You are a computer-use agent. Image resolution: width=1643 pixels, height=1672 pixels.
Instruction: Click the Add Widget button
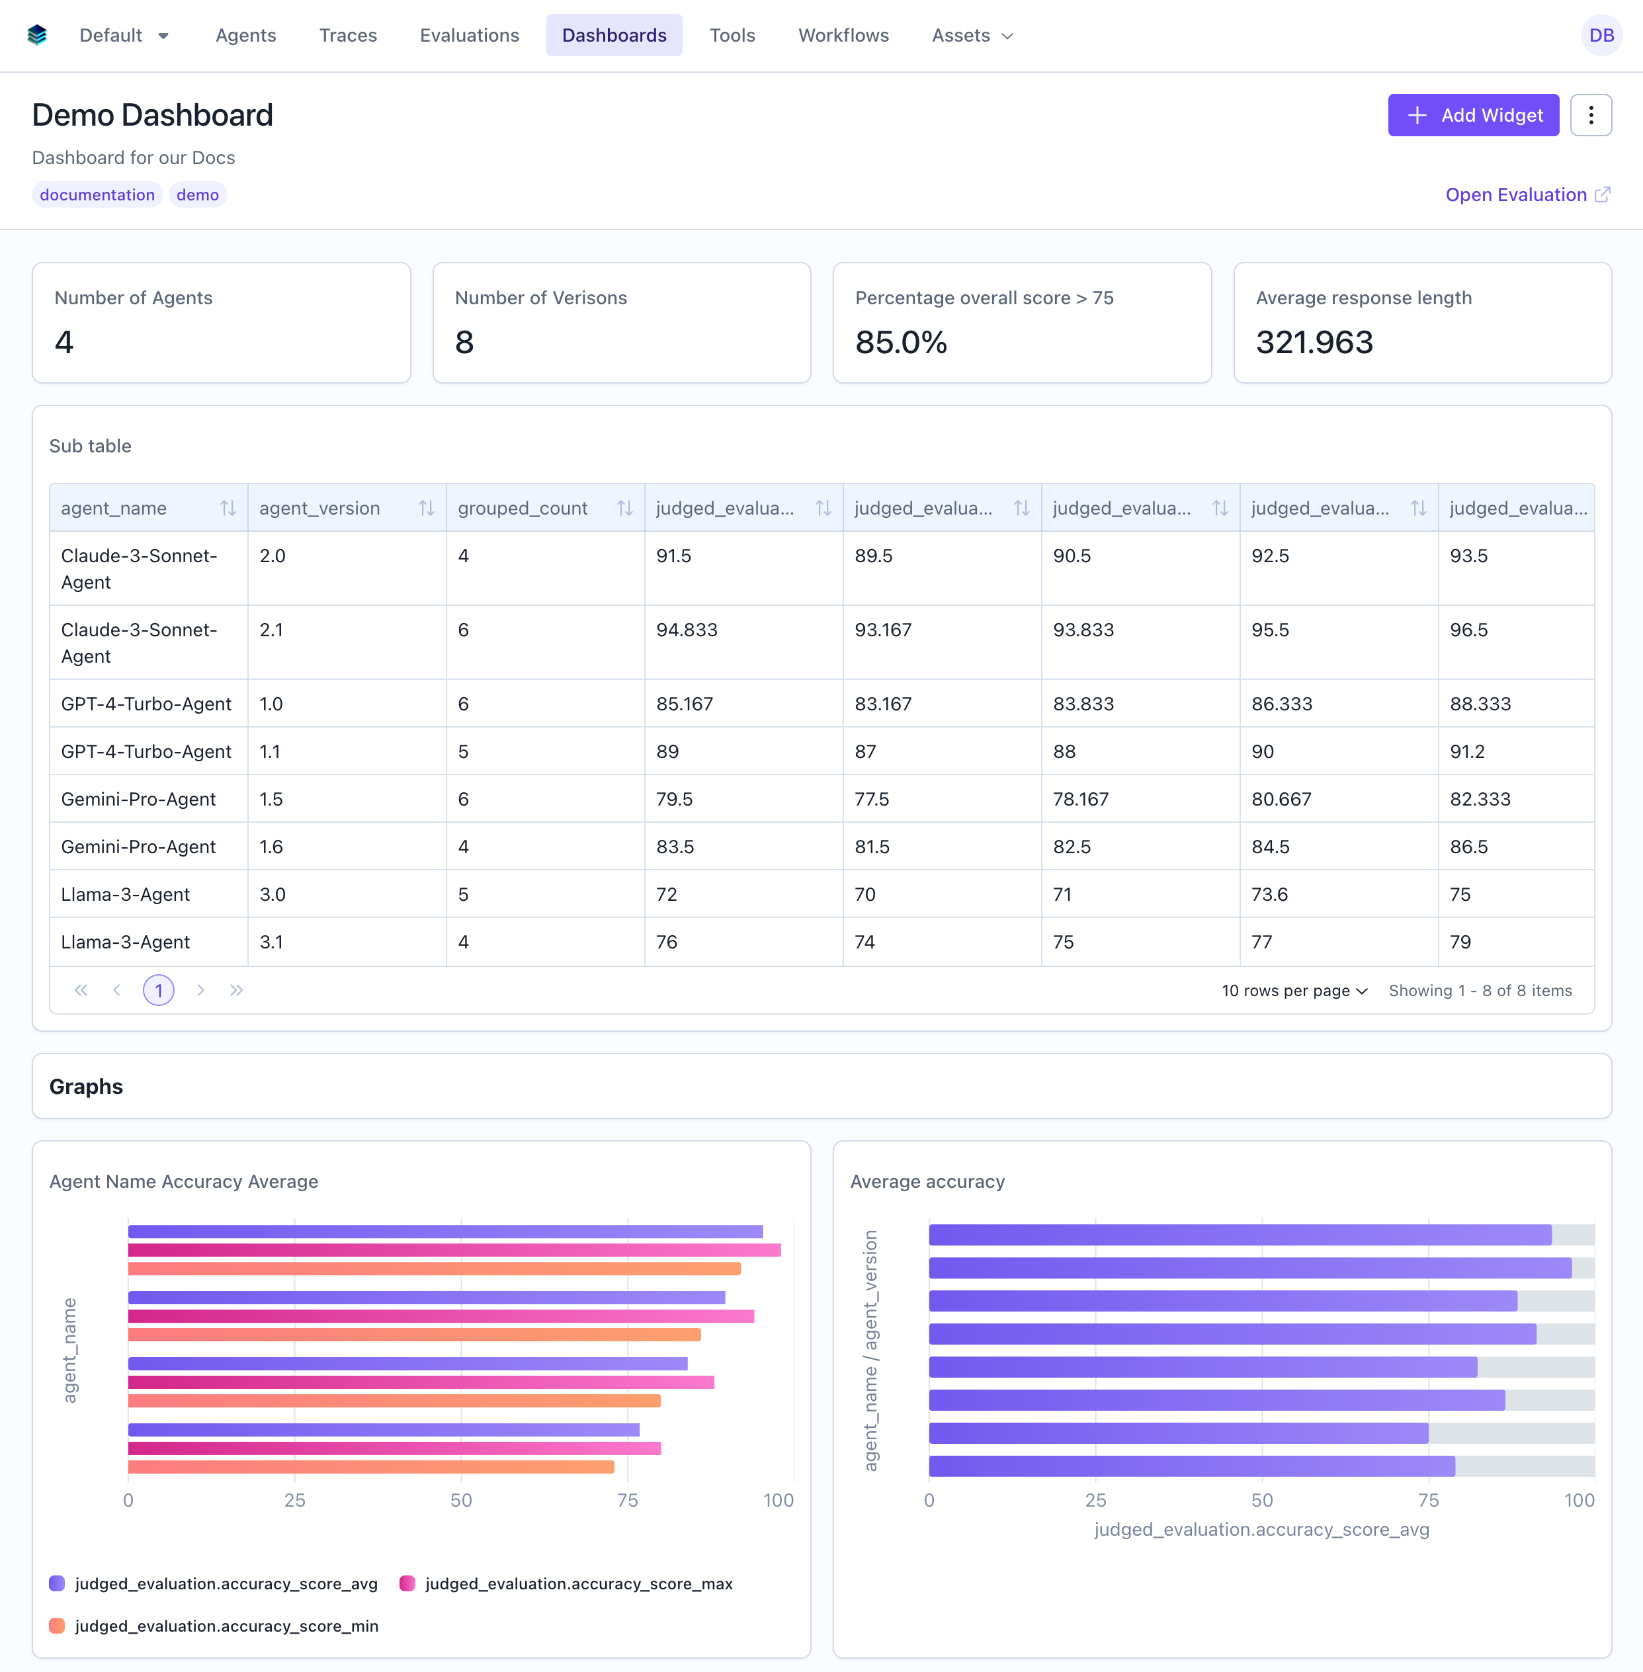[1472, 114]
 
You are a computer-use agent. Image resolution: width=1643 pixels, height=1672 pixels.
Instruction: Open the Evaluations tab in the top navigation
[470, 35]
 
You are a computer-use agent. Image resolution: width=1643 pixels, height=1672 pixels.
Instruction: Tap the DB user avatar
[1601, 35]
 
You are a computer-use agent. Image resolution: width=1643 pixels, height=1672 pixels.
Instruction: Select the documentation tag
[97, 195]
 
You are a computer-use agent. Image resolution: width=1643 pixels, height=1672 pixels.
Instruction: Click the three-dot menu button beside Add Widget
[1590, 114]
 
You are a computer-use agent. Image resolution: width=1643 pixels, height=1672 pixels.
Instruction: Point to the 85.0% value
[901, 343]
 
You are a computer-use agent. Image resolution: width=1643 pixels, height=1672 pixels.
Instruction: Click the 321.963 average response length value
[1314, 343]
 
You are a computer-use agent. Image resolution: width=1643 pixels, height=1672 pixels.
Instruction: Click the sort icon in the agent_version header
[426, 508]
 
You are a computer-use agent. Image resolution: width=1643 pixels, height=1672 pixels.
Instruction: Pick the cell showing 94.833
[687, 630]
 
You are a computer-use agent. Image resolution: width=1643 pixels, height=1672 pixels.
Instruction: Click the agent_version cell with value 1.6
[272, 847]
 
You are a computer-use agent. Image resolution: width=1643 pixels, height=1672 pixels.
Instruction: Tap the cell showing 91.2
[1467, 751]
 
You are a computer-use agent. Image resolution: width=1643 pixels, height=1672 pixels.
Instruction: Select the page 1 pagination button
[159, 989]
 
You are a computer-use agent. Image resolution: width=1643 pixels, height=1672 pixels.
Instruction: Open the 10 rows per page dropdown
[1294, 990]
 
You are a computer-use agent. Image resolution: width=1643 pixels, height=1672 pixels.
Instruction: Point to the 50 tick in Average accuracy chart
[1261, 1499]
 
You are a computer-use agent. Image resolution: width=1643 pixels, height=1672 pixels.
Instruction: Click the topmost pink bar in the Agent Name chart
[454, 1249]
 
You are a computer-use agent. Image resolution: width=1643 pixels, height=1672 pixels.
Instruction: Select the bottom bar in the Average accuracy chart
[1191, 1466]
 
